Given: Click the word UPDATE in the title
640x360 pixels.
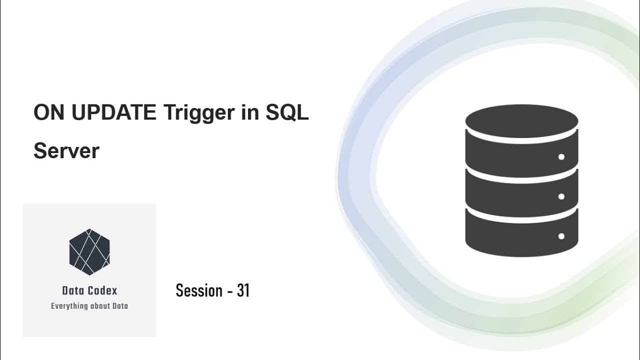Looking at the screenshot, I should (x=113, y=113).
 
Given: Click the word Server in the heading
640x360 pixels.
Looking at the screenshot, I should (x=66, y=150).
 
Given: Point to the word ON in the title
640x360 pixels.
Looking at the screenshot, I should (x=49, y=113).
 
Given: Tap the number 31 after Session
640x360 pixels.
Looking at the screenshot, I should (x=243, y=290).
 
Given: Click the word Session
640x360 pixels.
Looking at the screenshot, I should (x=199, y=290).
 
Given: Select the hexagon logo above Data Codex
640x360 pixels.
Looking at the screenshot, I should (x=89, y=251).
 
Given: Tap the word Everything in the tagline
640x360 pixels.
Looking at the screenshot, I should (x=69, y=306).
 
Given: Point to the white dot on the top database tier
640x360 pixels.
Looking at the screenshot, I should (x=561, y=157).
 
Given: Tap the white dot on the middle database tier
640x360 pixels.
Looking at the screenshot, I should (x=561, y=196).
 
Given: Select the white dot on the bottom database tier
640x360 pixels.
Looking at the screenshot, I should (x=561, y=236).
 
